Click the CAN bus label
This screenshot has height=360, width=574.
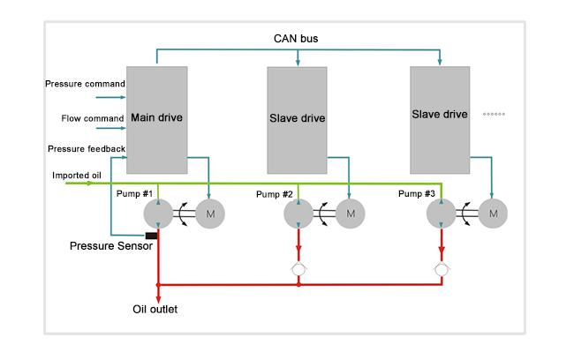tap(296, 39)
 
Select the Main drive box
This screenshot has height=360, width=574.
tap(156, 119)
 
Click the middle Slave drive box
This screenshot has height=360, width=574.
tap(298, 119)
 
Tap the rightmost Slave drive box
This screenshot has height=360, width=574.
tap(440, 115)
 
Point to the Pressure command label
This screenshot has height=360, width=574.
tap(85, 84)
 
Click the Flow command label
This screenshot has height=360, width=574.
tap(92, 117)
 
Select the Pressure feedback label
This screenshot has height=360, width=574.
tap(86, 149)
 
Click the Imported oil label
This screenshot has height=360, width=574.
tap(76, 175)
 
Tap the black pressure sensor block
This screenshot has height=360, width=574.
tap(151, 236)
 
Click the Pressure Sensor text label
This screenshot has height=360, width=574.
tap(111, 245)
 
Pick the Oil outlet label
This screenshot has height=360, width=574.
tap(155, 310)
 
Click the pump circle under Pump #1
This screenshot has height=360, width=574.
tap(158, 213)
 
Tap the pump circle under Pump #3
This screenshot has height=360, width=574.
tap(441, 213)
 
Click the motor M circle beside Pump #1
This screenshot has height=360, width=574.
tap(211, 213)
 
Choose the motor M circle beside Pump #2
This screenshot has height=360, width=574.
tap(351, 213)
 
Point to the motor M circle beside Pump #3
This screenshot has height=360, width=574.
tap(494, 213)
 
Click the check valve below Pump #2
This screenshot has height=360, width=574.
tap(299, 266)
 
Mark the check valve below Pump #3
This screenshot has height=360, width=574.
tap(441, 266)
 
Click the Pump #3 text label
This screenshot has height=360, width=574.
tap(416, 193)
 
